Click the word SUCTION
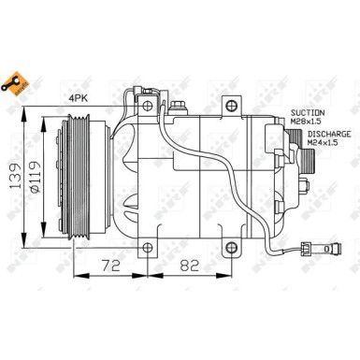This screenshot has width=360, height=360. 308,110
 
